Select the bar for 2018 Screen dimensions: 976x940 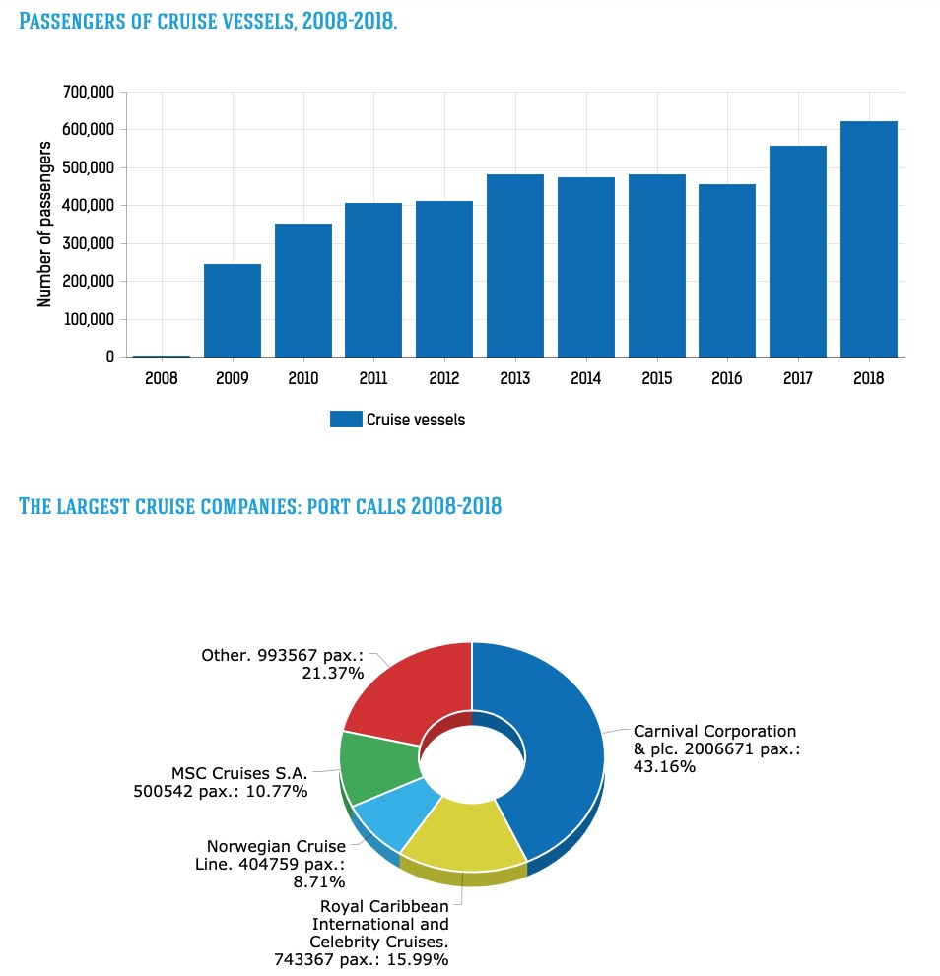pyautogui.click(x=869, y=239)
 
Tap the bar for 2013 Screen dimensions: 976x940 pyautogui.click(x=515, y=266)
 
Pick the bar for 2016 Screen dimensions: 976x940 pyautogui.click(x=727, y=271)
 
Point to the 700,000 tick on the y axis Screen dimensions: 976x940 pyautogui.click(x=89, y=93)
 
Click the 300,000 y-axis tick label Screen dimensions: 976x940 pyautogui.click(x=89, y=243)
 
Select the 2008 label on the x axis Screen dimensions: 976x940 pyautogui.click(x=162, y=379)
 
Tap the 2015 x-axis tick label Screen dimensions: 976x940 pyautogui.click(x=657, y=379)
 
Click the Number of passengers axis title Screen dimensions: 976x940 pyautogui.click(x=45, y=224)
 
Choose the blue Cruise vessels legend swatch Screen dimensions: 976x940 pyautogui.click(x=346, y=420)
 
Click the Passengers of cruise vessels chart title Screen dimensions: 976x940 pyautogui.click(x=208, y=21)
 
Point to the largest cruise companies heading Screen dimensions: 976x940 pyautogui.click(x=261, y=507)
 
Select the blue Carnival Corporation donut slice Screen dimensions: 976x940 pyautogui.click(x=557, y=748)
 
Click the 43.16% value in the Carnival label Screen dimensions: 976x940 pyautogui.click(x=665, y=767)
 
